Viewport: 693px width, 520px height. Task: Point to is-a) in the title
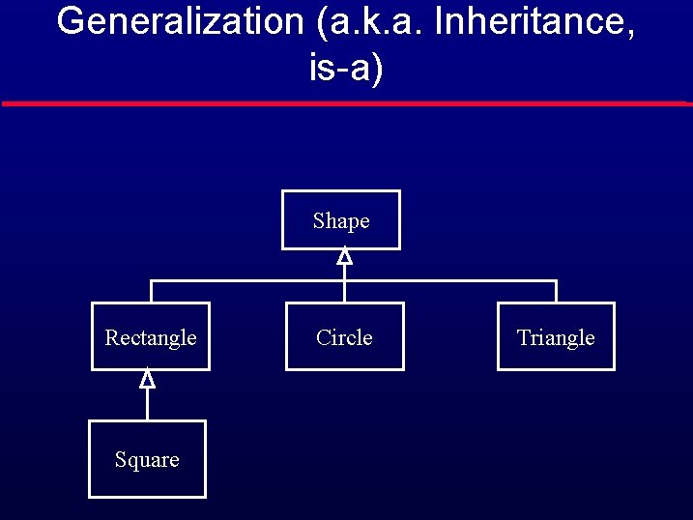[346, 69]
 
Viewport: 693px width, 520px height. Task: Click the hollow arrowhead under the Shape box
[344, 256]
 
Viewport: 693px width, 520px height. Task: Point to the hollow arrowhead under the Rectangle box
[147, 379]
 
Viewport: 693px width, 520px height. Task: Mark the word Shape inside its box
[341, 221]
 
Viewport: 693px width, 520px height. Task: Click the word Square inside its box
[147, 460]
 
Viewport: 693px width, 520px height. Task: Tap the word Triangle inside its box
[556, 337]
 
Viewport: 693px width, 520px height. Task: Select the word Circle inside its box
[344, 337]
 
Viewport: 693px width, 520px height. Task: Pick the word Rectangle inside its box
[151, 337]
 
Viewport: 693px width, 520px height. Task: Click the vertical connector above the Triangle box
[557, 292]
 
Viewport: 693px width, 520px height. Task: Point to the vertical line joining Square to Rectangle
[147, 405]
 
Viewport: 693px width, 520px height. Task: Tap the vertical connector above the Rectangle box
[151, 292]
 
